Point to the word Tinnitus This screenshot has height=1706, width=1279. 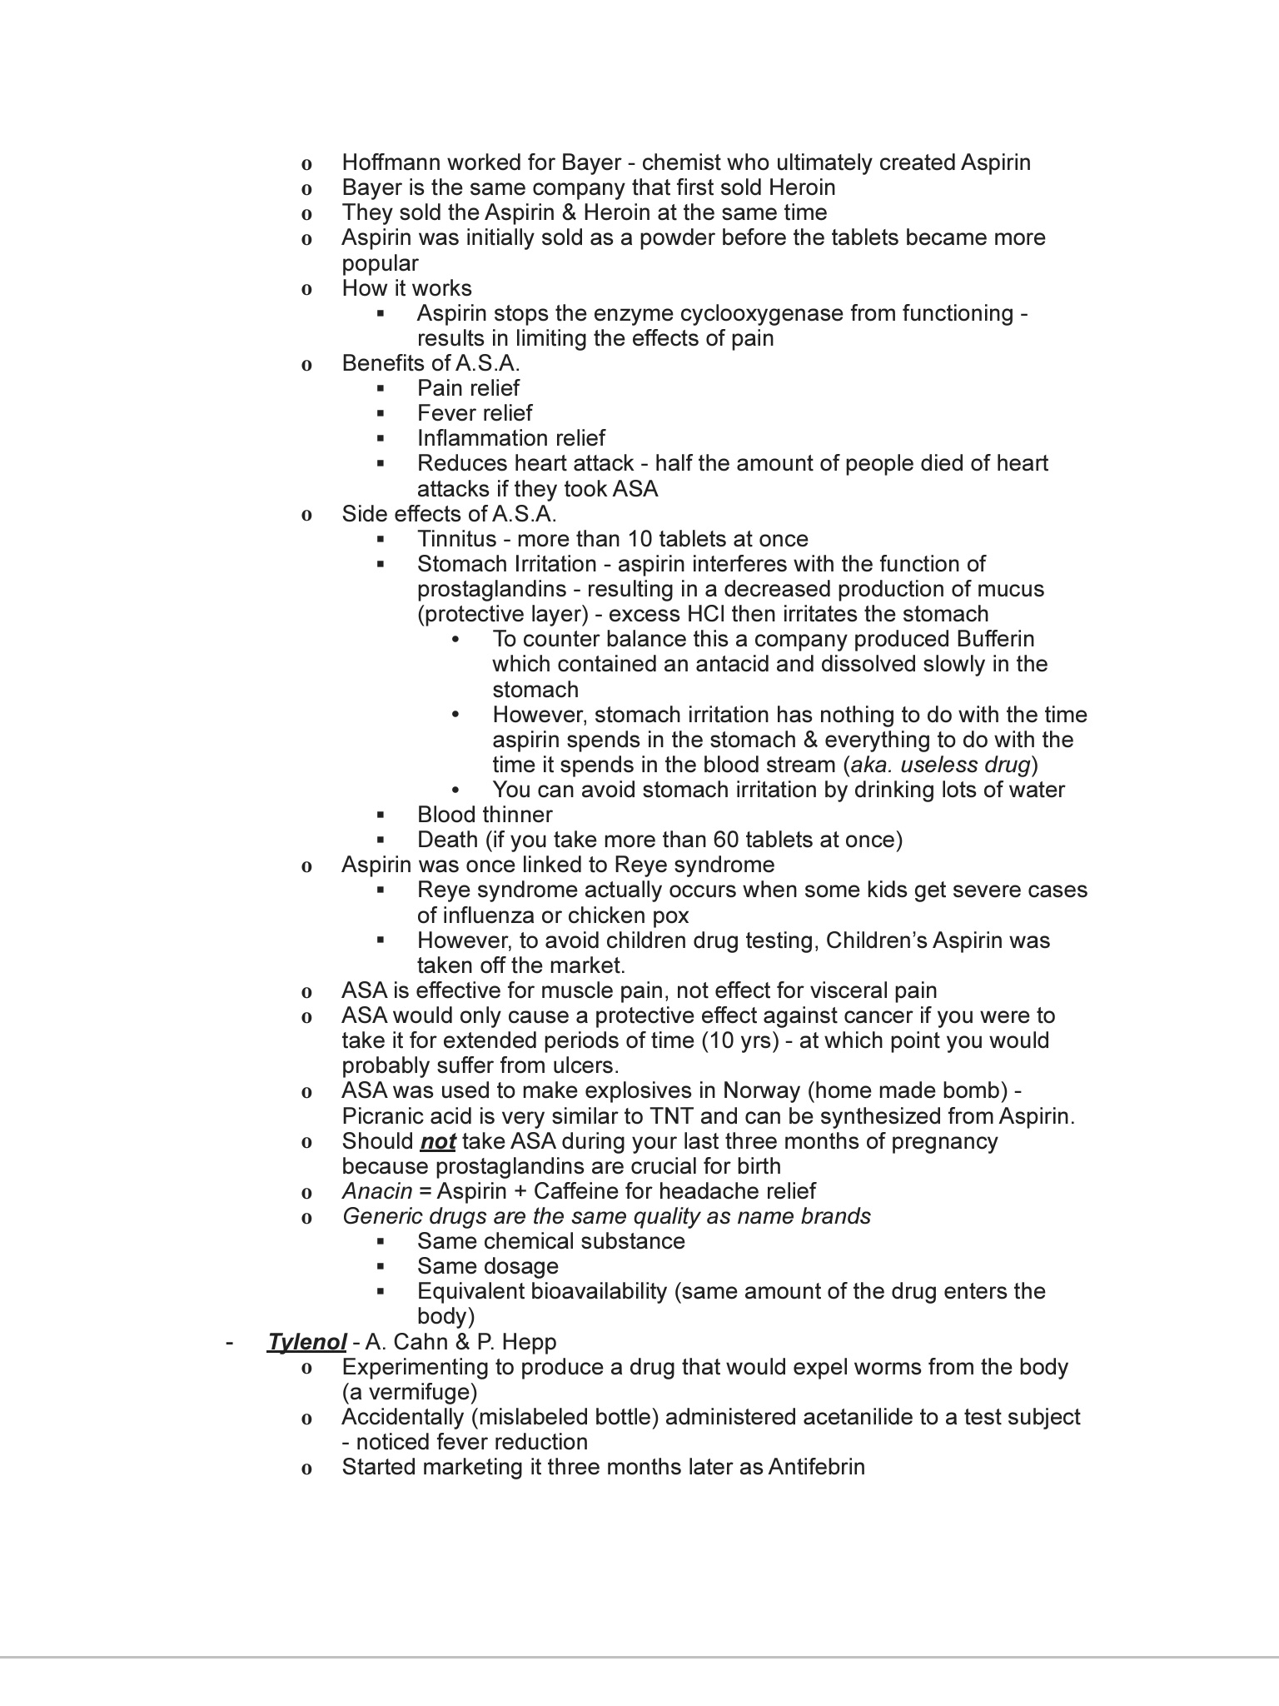point(456,539)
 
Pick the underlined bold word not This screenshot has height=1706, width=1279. point(437,1141)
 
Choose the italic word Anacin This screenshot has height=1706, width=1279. point(377,1191)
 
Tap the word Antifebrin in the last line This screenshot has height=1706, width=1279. point(816,1467)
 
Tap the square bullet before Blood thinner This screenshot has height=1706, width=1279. point(381,815)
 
